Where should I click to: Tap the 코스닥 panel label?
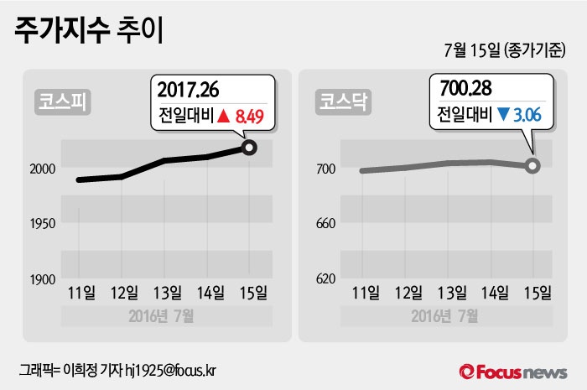340,101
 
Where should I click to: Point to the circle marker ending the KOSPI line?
249,148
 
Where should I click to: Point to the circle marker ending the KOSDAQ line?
532,165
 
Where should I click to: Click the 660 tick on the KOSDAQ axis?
325,223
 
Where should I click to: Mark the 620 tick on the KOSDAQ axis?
325,278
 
